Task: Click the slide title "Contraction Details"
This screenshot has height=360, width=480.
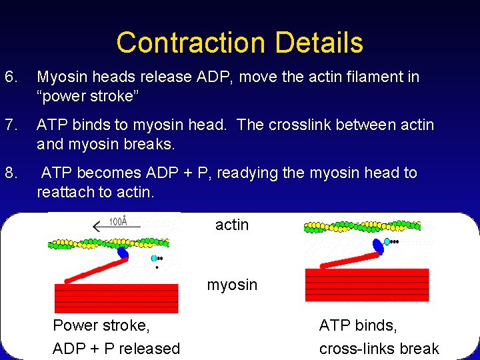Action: [239, 43]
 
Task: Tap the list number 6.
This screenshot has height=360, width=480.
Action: [11, 77]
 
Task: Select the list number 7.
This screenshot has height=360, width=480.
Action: [11, 125]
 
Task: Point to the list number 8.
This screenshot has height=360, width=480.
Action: [11, 173]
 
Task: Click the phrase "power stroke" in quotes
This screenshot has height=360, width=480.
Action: [88, 96]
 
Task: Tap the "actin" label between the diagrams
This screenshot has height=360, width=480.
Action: [232, 225]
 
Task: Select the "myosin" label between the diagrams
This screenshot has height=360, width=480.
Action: [232, 285]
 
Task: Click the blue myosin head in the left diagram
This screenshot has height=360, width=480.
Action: [123, 253]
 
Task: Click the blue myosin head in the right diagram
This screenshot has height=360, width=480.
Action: [378, 245]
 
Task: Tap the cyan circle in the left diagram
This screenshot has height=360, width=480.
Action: [155, 257]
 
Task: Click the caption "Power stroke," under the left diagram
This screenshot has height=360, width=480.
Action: [101, 325]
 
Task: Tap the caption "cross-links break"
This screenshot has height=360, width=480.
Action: [379, 349]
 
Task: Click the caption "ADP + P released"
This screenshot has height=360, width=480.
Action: [116, 349]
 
